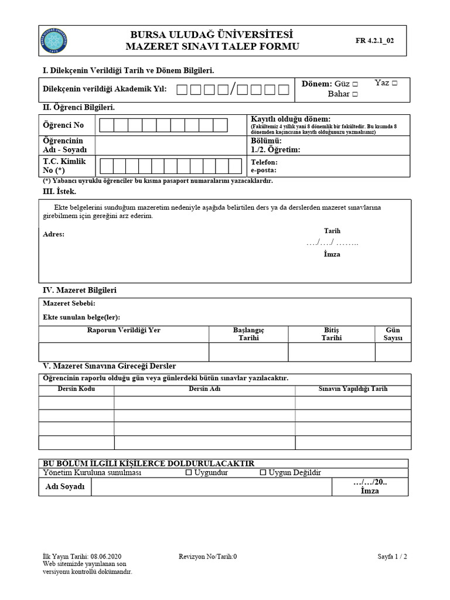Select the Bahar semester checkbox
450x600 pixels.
355,94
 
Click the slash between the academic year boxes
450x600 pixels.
233,89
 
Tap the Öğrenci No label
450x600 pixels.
63,125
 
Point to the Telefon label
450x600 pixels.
264,162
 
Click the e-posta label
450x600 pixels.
264,171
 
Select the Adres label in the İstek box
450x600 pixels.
54,234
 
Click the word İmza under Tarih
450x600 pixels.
332,254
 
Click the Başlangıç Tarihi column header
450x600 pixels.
248,334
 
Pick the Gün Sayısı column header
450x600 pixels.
392,334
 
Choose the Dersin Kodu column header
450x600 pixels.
76,389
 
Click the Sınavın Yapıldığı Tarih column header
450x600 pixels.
352,389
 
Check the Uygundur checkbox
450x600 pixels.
189,472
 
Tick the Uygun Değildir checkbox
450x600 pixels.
263,472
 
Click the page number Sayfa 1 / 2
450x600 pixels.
392,557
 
